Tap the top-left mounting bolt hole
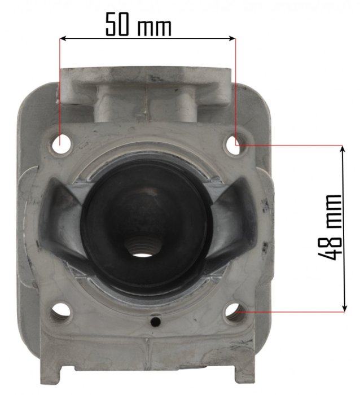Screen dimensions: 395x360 (61, 142)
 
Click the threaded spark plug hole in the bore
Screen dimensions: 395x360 (140, 247)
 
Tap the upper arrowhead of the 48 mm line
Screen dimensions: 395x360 (343, 148)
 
